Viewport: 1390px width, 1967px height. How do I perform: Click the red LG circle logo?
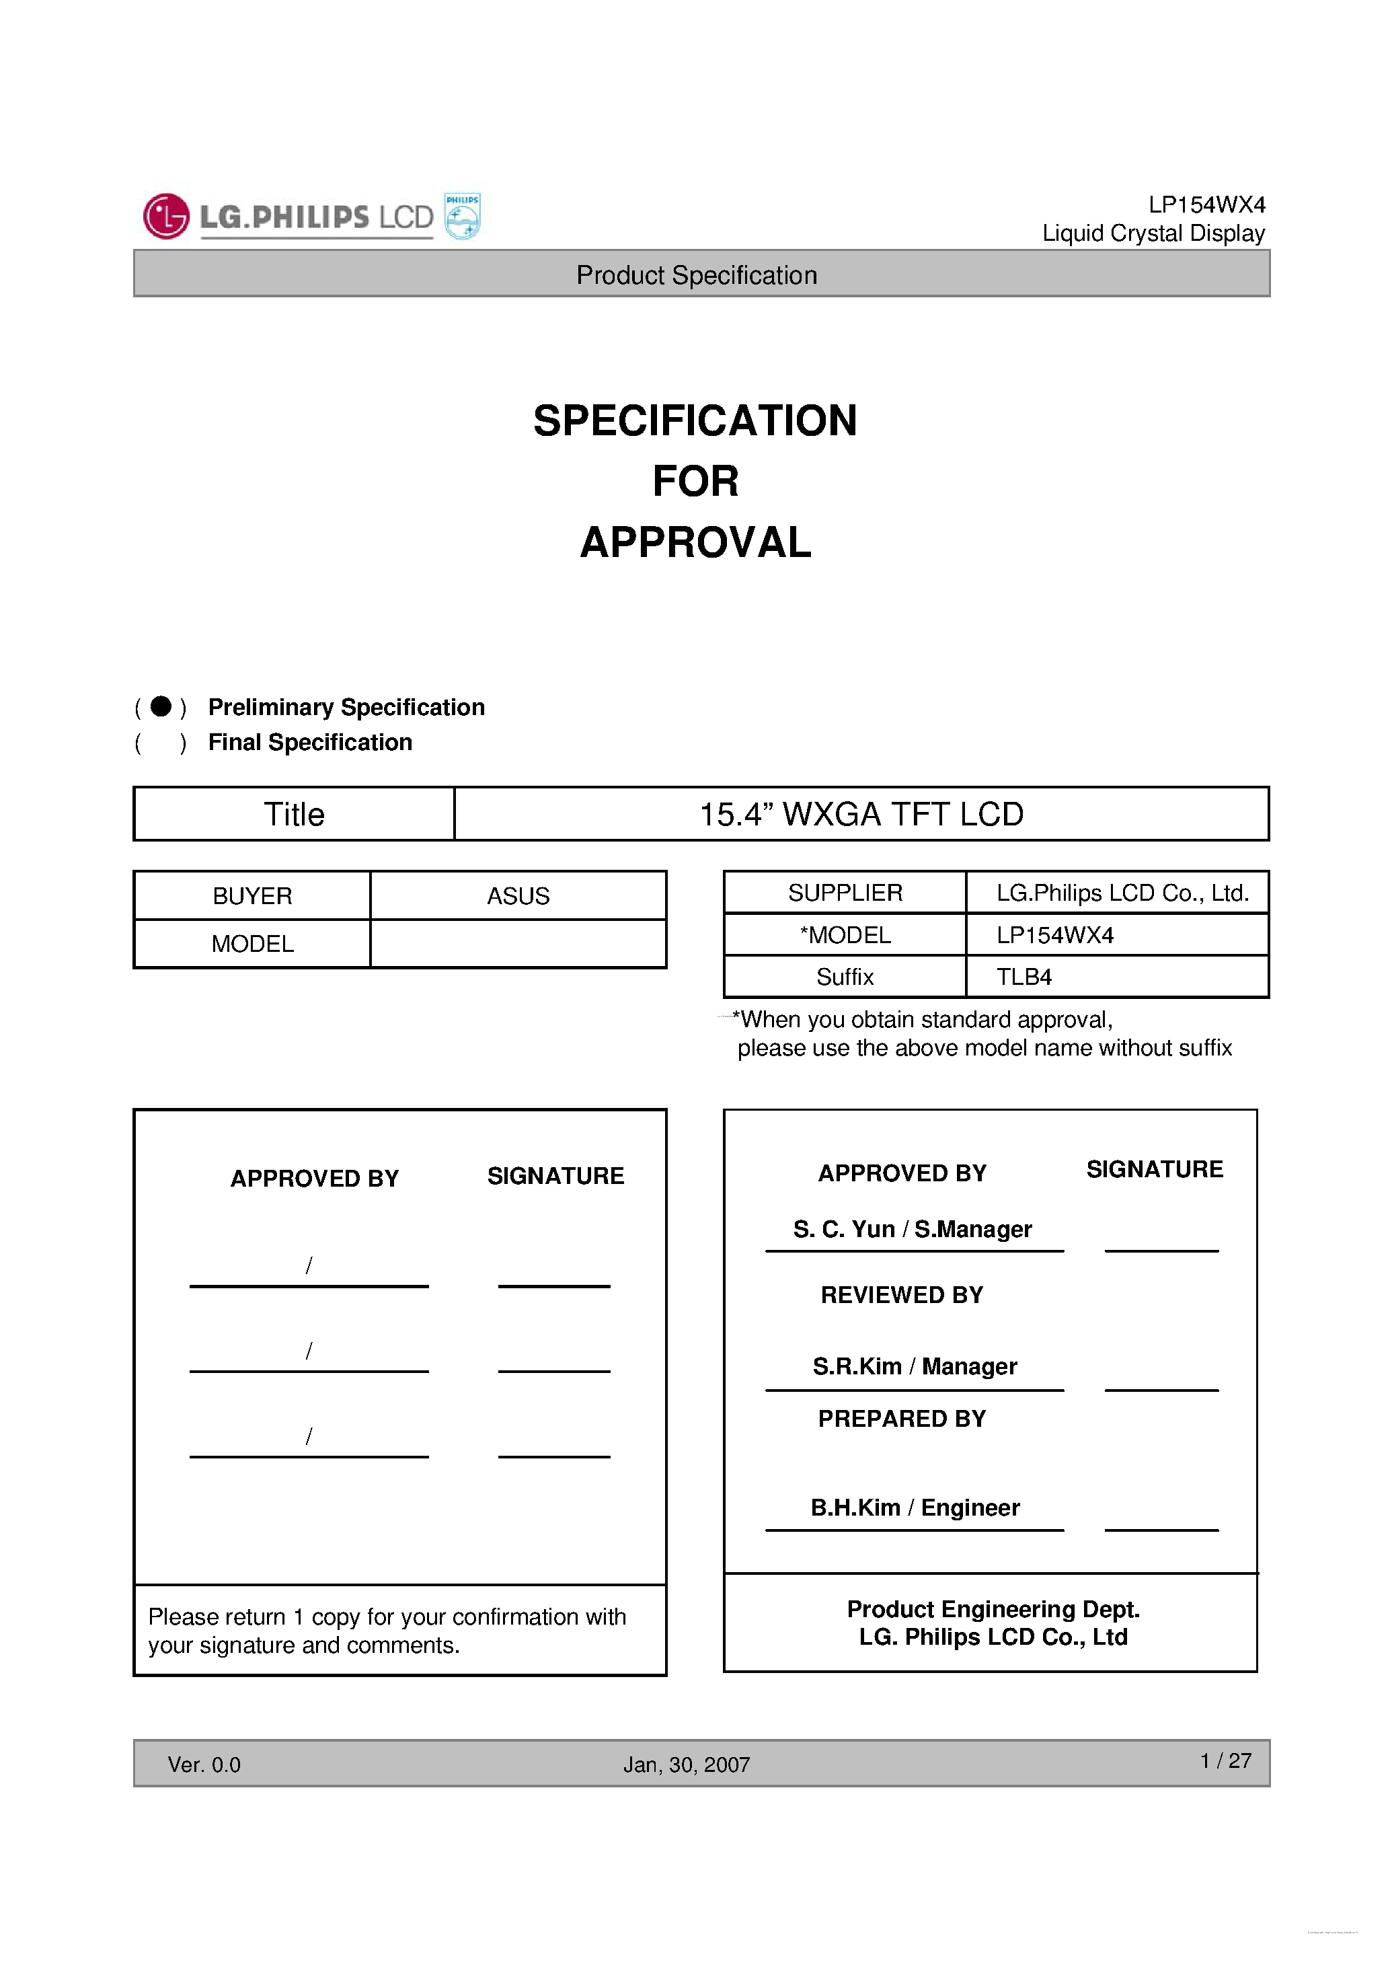(x=166, y=216)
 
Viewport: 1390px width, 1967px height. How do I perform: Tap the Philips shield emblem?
(x=463, y=216)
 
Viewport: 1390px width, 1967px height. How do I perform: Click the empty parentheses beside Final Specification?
(x=160, y=742)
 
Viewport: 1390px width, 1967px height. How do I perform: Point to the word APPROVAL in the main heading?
(x=695, y=542)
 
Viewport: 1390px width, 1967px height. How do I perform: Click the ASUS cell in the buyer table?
(x=518, y=896)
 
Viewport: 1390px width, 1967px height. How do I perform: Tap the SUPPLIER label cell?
(x=845, y=893)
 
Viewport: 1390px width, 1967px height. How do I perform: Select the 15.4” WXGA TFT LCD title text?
(x=861, y=814)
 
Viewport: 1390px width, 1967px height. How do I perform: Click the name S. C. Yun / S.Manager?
(x=913, y=1230)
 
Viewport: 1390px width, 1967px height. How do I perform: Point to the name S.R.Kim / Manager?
(x=915, y=1366)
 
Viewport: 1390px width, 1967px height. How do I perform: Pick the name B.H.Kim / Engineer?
(x=915, y=1508)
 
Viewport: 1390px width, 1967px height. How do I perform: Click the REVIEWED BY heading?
(x=902, y=1296)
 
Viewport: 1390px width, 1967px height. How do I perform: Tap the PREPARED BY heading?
(x=902, y=1419)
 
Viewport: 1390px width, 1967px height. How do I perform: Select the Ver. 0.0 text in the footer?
(x=204, y=1765)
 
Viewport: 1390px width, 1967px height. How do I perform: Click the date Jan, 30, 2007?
(x=686, y=1765)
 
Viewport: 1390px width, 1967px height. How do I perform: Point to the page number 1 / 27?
(x=1225, y=1760)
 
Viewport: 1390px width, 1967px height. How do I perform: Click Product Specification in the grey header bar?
(x=696, y=275)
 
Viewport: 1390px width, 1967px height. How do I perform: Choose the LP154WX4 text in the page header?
(x=1206, y=205)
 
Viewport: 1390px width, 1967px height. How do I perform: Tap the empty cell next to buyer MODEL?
(x=518, y=944)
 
